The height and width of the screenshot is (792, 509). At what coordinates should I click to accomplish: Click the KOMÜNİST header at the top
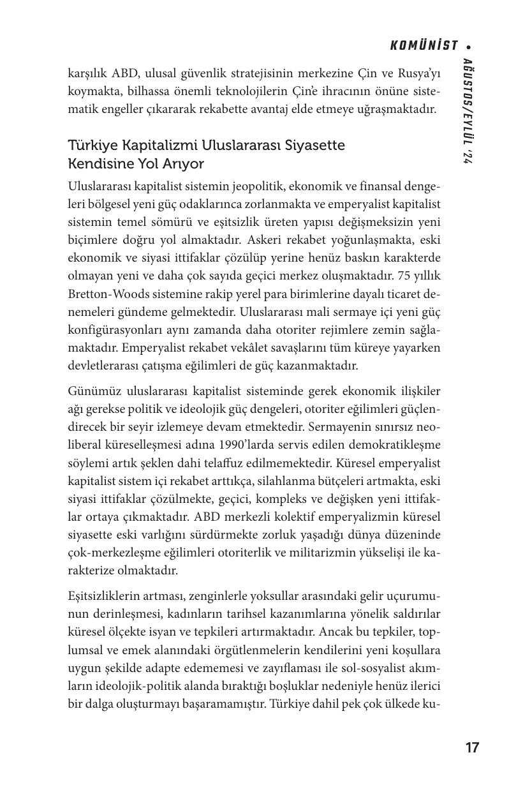tap(424, 45)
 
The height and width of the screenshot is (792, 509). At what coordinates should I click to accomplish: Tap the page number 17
tap(472, 748)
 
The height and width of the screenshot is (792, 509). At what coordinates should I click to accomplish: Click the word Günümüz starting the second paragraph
tap(93, 391)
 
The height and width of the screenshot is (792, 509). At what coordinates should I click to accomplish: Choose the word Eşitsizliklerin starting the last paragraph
tap(108, 596)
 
